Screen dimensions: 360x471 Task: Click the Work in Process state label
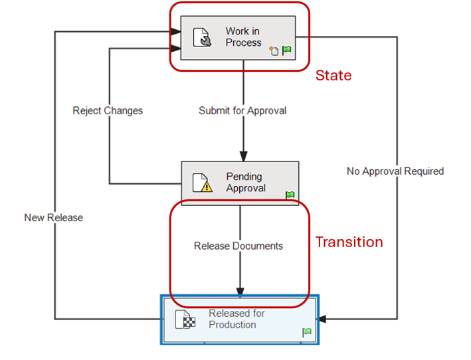tap(243, 37)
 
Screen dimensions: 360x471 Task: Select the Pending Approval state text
tap(244, 182)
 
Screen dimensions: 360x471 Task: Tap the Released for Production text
tap(236, 319)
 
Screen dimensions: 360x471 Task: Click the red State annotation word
tap(333, 76)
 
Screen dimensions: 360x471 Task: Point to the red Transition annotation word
tap(349, 242)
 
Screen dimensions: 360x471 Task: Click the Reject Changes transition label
tap(108, 111)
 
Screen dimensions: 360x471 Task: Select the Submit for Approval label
tap(242, 111)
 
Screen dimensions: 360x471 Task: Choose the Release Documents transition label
tap(238, 246)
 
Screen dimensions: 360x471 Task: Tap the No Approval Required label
tap(395, 171)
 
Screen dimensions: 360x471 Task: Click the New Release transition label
tap(54, 217)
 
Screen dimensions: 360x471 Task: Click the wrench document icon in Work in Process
tap(202, 38)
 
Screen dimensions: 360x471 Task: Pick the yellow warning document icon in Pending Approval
tap(202, 183)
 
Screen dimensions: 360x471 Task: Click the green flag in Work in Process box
tap(286, 50)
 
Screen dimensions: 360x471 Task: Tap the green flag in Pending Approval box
tap(290, 195)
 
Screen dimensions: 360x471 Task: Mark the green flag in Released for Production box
tap(306, 332)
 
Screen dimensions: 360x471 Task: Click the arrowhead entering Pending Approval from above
tap(243, 155)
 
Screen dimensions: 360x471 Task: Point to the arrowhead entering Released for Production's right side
tap(323, 319)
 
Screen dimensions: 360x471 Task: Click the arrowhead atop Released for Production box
tap(240, 292)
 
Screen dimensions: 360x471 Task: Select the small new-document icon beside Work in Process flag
tap(274, 50)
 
